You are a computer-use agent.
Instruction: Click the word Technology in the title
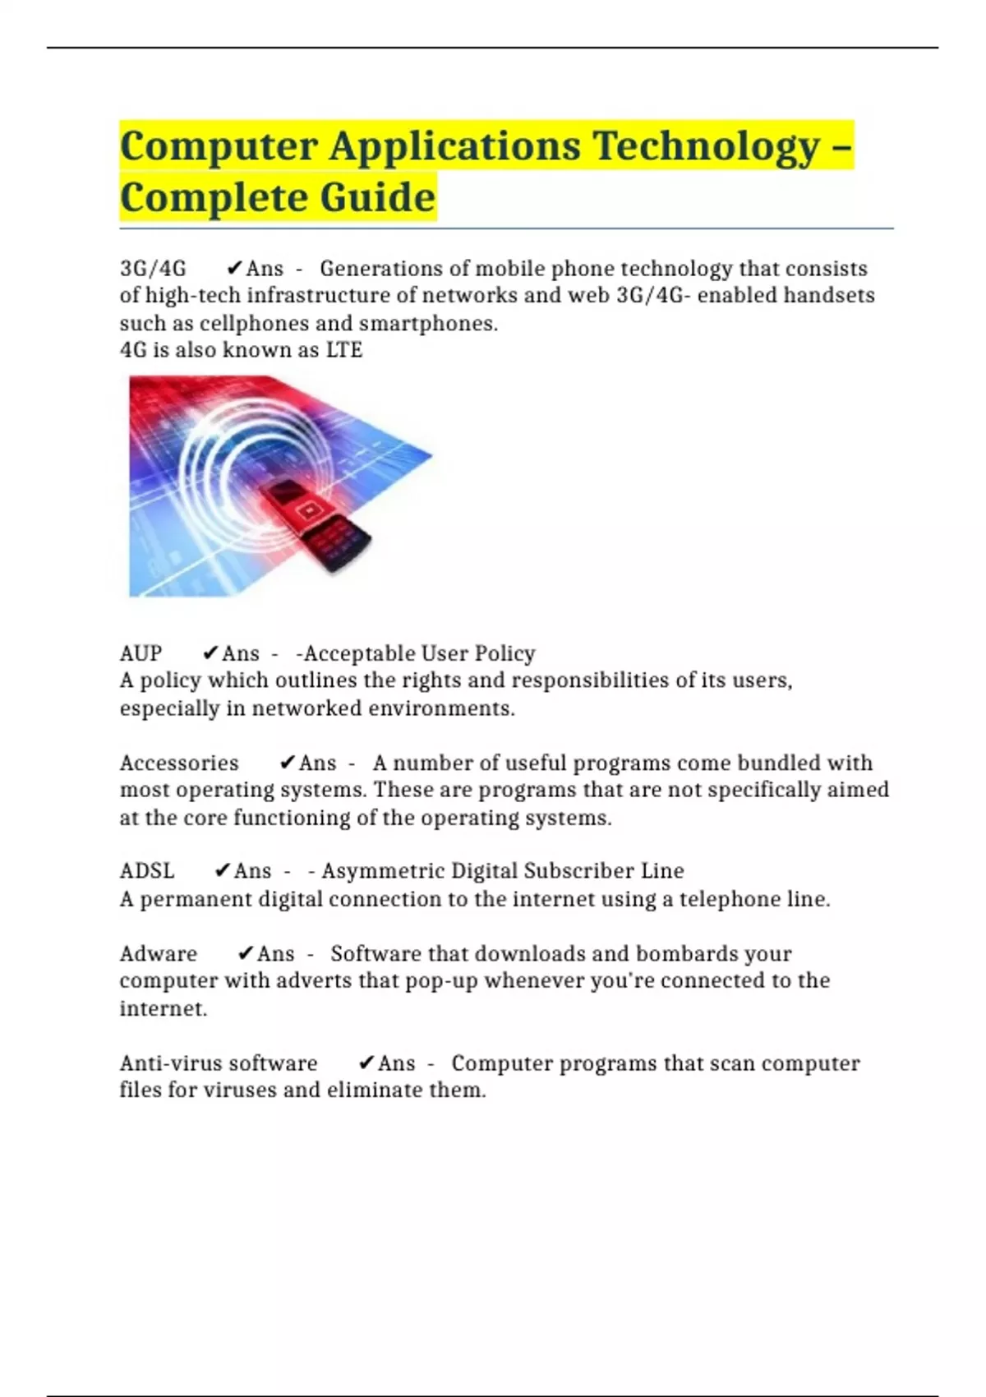click(x=706, y=146)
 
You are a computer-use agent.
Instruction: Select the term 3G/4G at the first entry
click(x=153, y=269)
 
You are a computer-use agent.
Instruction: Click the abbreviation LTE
click(x=344, y=350)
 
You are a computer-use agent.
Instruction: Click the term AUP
click(x=141, y=653)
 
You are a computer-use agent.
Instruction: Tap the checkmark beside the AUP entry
click(x=210, y=653)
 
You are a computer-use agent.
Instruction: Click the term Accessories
click(x=179, y=763)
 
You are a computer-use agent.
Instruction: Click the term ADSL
click(x=147, y=871)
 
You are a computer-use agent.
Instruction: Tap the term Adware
click(x=159, y=954)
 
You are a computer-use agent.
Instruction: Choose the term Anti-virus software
click(x=219, y=1063)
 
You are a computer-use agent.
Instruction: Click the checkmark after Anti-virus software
click(x=366, y=1063)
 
